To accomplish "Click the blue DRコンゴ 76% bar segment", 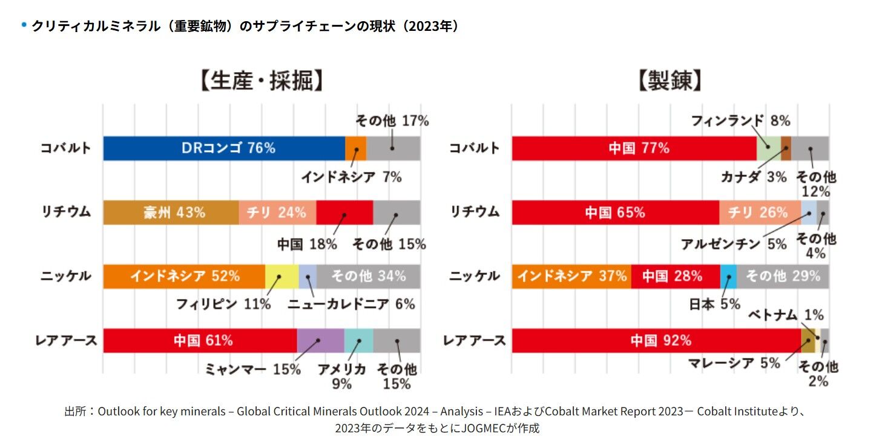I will pyautogui.click(x=224, y=148).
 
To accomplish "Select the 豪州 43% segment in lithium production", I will pyautogui.click(x=171, y=213).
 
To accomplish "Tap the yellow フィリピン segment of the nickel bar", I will pyautogui.click(x=281, y=276).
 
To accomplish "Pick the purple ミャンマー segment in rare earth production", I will pyautogui.click(x=320, y=340).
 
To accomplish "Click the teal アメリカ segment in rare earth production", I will pyautogui.click(x=358, y=340).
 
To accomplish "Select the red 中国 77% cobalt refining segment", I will pyautogui.click(x=634, y=148).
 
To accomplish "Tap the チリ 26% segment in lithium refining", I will pyautogui.click(x=760, y=213).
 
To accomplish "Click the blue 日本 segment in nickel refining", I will pyautogui.click(x=728, y=276).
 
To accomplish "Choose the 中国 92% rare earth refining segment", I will pyautogui.click(x=656, y=340).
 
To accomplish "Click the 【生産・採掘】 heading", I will pyautogui.click(x=260, y=81).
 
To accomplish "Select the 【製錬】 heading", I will pyautogui.click(x=670, y=81).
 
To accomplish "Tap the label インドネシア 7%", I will pyautogui.click(x=351, y=177).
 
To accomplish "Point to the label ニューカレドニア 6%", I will pyautogui.click(x=351, y=304).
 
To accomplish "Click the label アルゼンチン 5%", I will pyautogui.click(x=734, y=244).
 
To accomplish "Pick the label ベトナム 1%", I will pyautogui.click(x=786, y=315).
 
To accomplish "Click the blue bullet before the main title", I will pyautogui.click(x=24, y=25).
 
